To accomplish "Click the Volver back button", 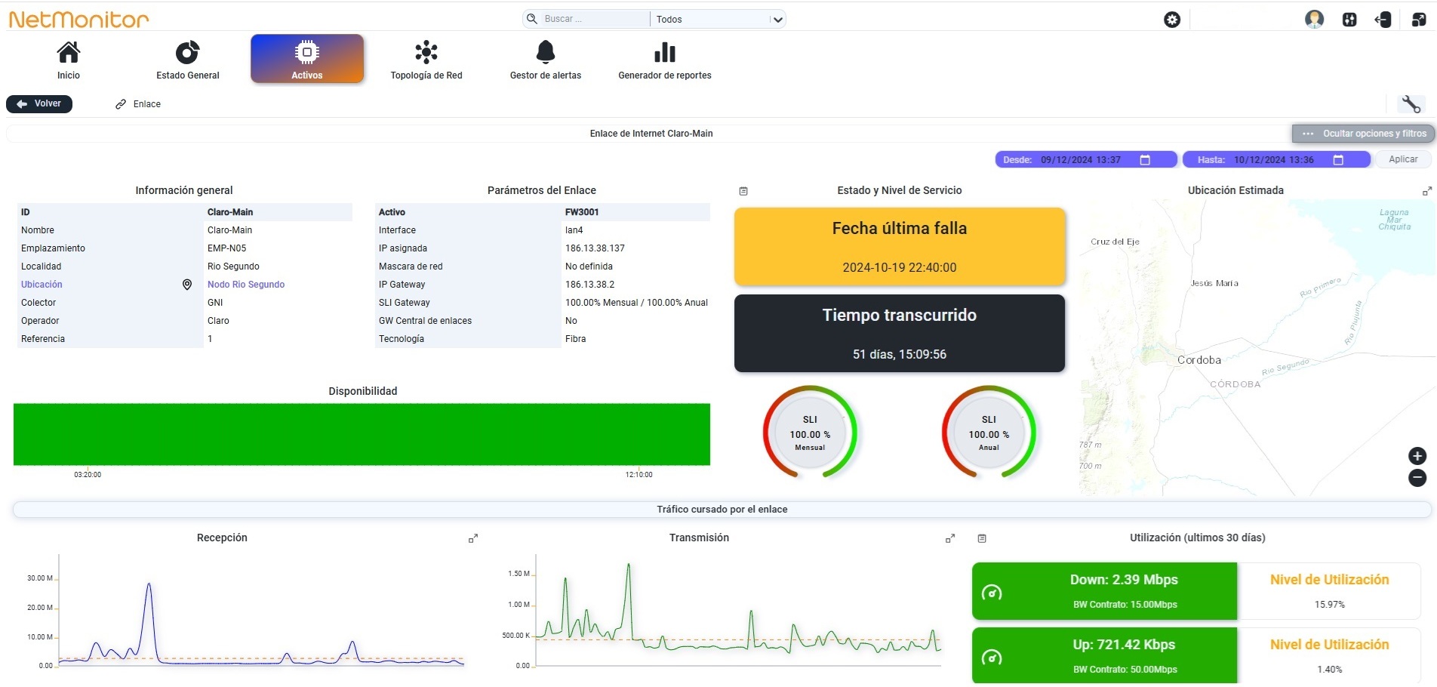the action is point(39,103).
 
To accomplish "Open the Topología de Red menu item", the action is point(426,60).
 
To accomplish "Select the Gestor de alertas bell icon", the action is point(546,52).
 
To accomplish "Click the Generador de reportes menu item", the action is point(665,60).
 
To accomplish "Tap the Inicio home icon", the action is point(69,52).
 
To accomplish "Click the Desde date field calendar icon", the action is point(1145,159).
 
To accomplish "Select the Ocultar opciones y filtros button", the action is point(1364,134).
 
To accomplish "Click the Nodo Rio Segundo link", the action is point(246,285).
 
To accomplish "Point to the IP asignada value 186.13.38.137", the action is point(595,248).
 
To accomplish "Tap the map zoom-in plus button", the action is point(1417,455).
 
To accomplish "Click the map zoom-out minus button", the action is point(1417,477).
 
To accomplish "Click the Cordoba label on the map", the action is point(1199,360).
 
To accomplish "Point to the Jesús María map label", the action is point(1214,283).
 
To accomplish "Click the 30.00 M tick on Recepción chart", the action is point(40,578).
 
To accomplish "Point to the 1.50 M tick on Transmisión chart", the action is point(519,574).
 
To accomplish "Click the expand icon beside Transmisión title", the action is point(950,538).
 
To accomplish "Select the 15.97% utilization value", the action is point(1330,605).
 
